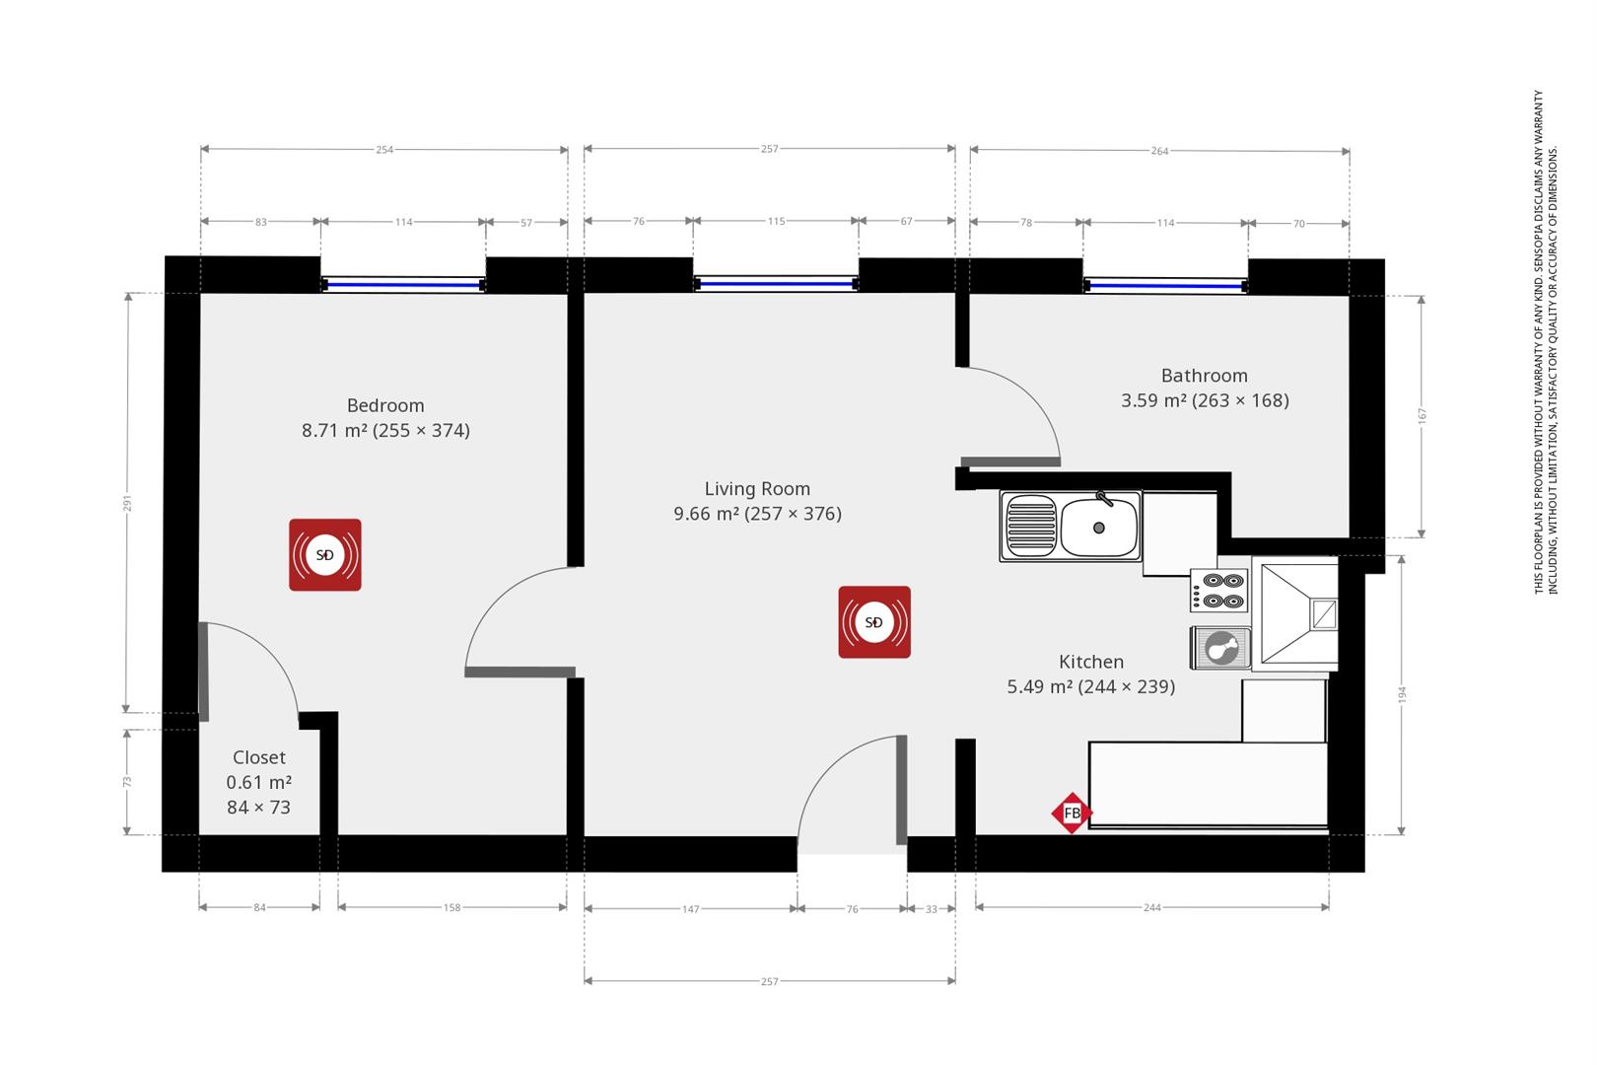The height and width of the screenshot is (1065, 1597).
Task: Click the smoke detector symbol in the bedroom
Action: [324, 555]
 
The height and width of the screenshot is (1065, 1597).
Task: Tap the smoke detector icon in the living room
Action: [874, 622]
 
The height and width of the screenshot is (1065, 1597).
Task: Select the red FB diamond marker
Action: [1072, 814]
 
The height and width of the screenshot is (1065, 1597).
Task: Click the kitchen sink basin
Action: [1099, 528]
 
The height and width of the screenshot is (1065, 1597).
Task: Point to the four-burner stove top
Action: [1220, 590]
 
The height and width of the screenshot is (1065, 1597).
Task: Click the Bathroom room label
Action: [1204, 376]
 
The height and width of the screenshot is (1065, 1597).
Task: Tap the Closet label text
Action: [258, 757]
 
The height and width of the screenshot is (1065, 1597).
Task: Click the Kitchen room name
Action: [1090, 662]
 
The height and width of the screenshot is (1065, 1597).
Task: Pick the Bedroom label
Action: [385, 405]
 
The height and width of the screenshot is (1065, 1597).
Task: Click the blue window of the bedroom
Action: [403, 285]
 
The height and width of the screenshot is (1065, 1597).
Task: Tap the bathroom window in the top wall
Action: [1165, 286]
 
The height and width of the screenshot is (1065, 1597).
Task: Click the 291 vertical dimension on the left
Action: [127, 504]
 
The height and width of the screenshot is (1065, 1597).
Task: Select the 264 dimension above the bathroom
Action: [1159, 151]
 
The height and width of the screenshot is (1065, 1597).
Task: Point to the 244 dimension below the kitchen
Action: [1151, 907]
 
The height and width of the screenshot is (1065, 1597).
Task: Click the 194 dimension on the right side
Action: [1402, 694]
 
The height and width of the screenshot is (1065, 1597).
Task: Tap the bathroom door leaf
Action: [1010, 461]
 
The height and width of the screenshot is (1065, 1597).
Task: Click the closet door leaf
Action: [203, 671]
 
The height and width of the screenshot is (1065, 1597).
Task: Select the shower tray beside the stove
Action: [1295, 613]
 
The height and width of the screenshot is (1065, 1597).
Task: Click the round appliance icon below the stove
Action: [1220, 649]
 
